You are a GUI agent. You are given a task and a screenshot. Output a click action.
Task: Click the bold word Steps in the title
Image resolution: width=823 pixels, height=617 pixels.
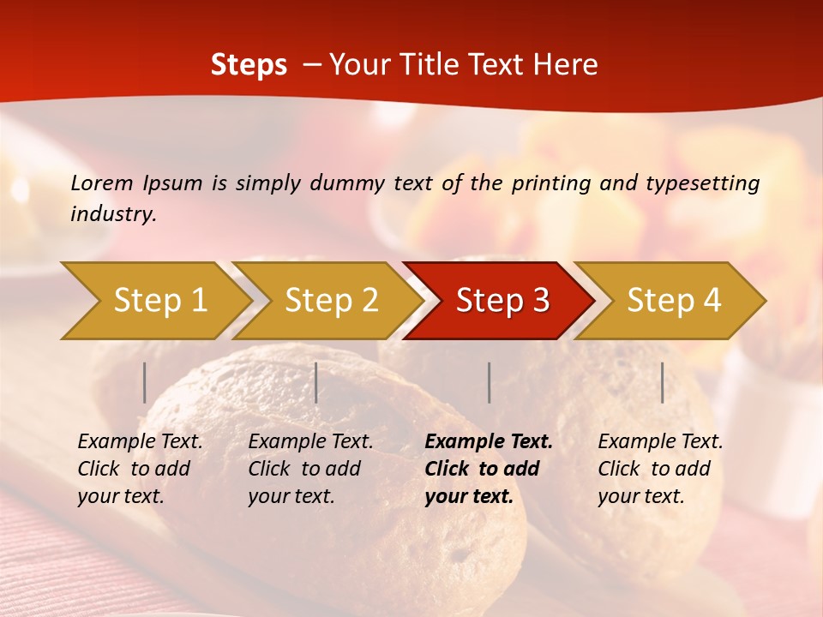click(249, 65)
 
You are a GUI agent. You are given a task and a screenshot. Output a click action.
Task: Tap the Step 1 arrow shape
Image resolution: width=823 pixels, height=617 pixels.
click(154, 301)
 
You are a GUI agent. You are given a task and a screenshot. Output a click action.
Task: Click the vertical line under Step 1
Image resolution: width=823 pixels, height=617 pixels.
click(145, 382)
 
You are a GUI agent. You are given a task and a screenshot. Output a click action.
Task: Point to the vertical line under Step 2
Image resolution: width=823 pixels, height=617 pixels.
click(316, 382)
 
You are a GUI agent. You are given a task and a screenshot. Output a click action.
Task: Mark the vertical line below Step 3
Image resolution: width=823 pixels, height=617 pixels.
click(489, 382)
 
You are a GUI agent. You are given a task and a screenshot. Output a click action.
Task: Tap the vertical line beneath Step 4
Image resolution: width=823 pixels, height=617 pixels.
click(662, 382)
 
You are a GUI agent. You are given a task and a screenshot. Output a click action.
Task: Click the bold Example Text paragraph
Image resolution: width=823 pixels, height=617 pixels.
click(487, 469)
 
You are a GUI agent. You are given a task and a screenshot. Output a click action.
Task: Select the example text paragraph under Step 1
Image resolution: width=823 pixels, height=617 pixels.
click(139, 469)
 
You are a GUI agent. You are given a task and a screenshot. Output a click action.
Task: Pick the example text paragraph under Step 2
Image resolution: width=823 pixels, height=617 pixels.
click(309, 469)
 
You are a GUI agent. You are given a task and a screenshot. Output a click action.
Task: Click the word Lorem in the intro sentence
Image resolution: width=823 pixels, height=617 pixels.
click(101, 183)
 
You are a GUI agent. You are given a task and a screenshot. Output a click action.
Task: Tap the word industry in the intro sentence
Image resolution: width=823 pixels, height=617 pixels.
click(112, 213)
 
